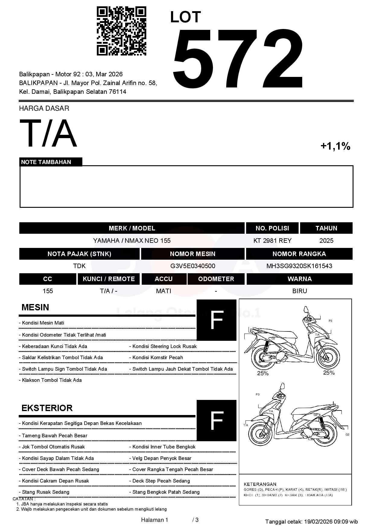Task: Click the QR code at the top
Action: click(121, 31)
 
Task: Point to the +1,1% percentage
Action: click(335, 146)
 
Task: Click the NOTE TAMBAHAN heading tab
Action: click(46, 162)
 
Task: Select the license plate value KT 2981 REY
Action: click(272, 241)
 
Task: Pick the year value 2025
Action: click(326, 241)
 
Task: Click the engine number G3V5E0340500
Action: click(193, 266)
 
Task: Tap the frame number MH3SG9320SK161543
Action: click(299, 266)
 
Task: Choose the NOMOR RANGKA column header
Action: click(299, 254)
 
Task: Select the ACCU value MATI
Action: click(163, 291)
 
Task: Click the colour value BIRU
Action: click(300, 291)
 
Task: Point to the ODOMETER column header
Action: click(216, 279)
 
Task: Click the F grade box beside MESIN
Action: click(217, 320)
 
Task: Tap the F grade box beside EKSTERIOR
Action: click(217, 420)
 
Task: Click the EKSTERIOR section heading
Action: click(47, 408)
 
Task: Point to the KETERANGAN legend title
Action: click(260, 484)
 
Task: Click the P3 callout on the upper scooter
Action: click(330, 321)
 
